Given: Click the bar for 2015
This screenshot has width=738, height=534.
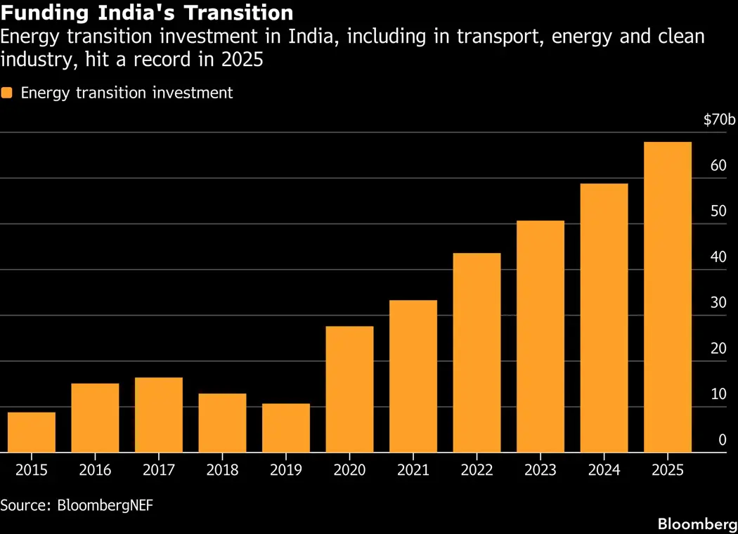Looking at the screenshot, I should pyautogui.click(x=32, y=432).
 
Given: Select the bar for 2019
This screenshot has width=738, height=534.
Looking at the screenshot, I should pyautogui.click(x=286, y=428).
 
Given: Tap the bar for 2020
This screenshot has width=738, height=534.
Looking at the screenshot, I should pyautogui.click(x=349, y=389).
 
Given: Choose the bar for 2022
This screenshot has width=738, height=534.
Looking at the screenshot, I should pyautogui.click(x=477, y=353).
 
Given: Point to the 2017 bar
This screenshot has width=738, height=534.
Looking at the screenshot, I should pyautogui.click(x=159, y=415).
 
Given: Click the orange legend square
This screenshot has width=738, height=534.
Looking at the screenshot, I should pyautogui.click(x=7, y=93).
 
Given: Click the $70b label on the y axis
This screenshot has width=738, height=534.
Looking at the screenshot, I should pyautogui.click(x=720, y=120).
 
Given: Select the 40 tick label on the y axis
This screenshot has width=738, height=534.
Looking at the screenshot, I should pyautogui.click(x=718, y=257).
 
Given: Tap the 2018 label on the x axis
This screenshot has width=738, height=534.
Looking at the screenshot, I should pyautogui.click(x=222, y=470).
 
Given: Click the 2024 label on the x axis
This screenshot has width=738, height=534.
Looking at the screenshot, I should pyautogui.click(x=604, y=470).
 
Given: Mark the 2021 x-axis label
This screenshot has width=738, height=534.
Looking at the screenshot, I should pyautogui.click(x=413, y=470).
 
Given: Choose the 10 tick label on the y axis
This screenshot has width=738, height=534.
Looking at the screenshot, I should pyautogui.click(x=718, y=394).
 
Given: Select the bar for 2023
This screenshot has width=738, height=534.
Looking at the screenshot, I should pyautogui.click(x=540, y=337).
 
